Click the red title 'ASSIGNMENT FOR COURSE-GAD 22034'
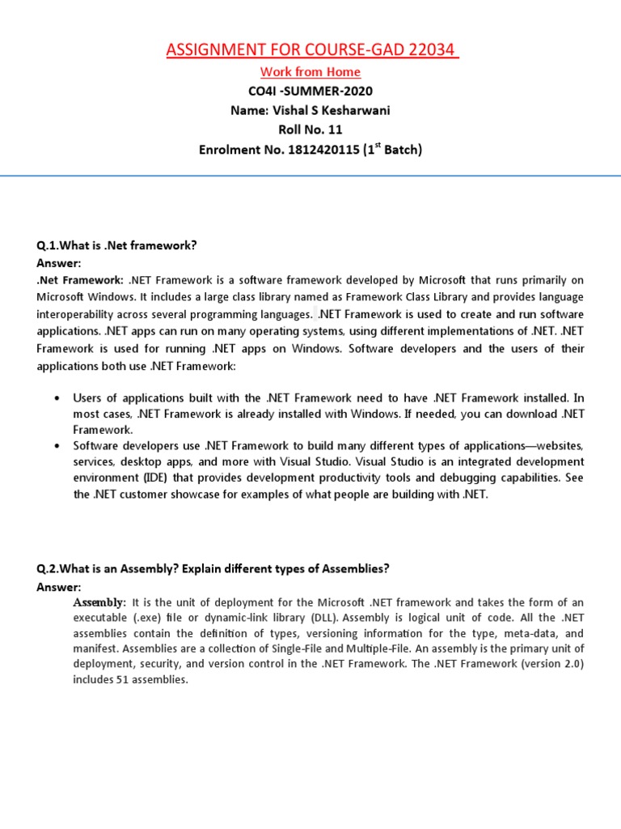click(310, 53)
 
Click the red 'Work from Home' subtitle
click(310, 72)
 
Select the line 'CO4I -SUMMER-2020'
click(310, 91)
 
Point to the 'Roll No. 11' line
click(310, 130)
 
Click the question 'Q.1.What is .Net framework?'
click(116, 244)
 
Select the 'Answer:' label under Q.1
click(59, 263)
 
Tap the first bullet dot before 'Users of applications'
click(55, 399)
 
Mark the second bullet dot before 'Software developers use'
click(55, 446)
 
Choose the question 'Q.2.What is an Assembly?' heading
click(213, 568)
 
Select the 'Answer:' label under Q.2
click(59, 587)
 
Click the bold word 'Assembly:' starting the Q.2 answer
click(100, 603)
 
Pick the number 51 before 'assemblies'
click(125, 680)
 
